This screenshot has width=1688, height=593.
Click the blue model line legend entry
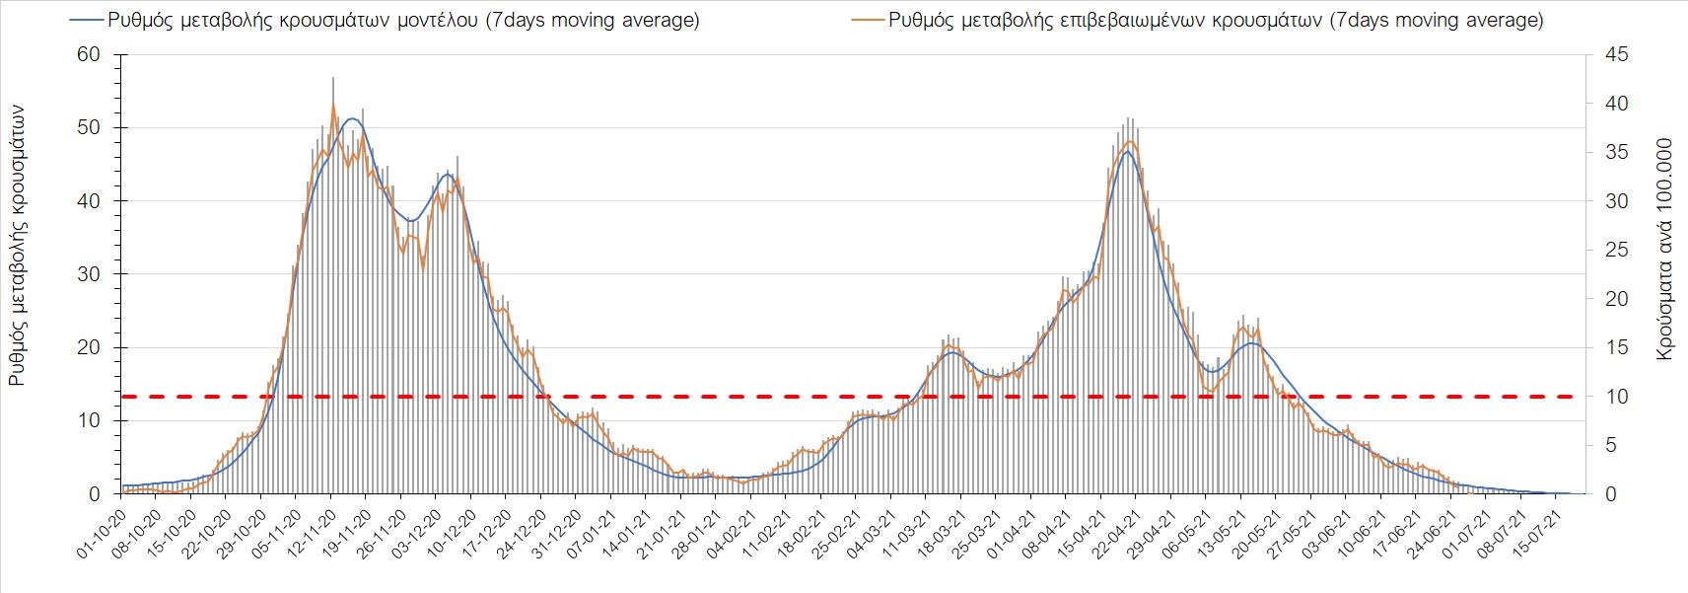point(386,20)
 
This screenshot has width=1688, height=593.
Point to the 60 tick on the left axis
point(89,54)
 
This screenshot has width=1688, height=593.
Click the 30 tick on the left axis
point(89,274)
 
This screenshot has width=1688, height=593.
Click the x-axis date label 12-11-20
point(314,534)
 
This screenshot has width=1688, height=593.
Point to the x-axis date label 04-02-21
point(734,534)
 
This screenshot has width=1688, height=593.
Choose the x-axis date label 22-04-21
point(1118,534)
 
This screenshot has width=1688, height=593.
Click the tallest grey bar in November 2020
point(333,79)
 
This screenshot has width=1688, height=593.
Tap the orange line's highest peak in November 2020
point(333,106)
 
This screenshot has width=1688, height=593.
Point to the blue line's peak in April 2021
point(1127,152)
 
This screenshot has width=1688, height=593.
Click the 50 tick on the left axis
point(89,127)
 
